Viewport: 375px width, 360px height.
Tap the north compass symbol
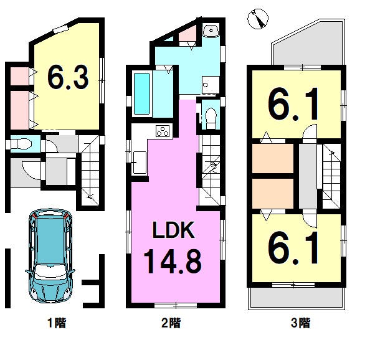257,19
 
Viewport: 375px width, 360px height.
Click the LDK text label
173,230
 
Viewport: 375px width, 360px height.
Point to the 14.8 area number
173,261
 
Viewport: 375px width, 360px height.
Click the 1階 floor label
57,323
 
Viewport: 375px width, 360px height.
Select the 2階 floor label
171,323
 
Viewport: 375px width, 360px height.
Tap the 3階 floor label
301,323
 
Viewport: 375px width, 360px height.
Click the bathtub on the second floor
142,94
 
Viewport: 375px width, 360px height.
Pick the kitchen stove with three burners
163,131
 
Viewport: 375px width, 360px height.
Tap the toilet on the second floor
211,118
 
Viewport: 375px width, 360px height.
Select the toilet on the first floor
21,144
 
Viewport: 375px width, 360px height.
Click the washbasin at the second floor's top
211,31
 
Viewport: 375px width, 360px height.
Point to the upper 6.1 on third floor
293,104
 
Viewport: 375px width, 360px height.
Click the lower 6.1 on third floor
293,248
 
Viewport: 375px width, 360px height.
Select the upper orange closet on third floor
273,158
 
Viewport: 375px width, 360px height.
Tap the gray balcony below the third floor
297,298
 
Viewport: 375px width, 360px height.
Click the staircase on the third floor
332,176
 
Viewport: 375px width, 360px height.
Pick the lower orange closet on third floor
273,194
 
